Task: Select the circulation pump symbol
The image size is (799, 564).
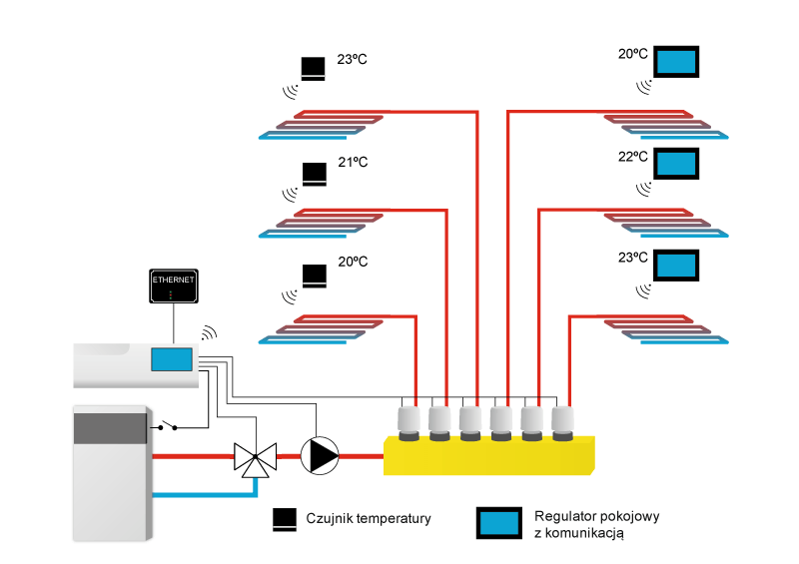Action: [321, 455]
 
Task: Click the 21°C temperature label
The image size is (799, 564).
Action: [353, 162]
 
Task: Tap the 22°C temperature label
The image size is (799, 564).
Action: [632, 157]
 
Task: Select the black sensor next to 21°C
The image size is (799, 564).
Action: [314, 174]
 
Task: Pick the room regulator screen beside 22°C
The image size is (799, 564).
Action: [676, 163]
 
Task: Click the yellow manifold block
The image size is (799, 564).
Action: [489, 454]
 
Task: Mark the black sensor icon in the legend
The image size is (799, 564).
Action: [285, 518]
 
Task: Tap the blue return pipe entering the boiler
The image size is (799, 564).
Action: [200, 493]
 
